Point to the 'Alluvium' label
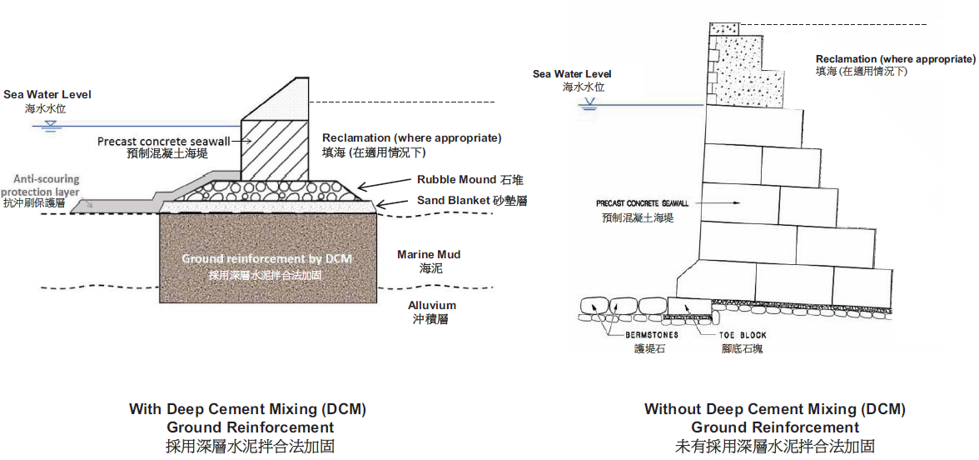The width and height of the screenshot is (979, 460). [x=431, y=306]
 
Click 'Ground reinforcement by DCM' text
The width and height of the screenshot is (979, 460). [x=266, y=258]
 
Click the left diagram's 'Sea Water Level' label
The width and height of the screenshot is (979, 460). [x=47, y=95]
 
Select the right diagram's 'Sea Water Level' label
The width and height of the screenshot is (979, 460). [x=572, y=74]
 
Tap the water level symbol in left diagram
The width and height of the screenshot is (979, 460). [x=51, y=126]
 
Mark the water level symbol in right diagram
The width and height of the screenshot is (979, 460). [x=590, y=104]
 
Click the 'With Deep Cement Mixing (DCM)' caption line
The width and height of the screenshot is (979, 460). [x=247, y=409]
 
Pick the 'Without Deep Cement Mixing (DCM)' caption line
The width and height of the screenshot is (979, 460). [x=774, y=409]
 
